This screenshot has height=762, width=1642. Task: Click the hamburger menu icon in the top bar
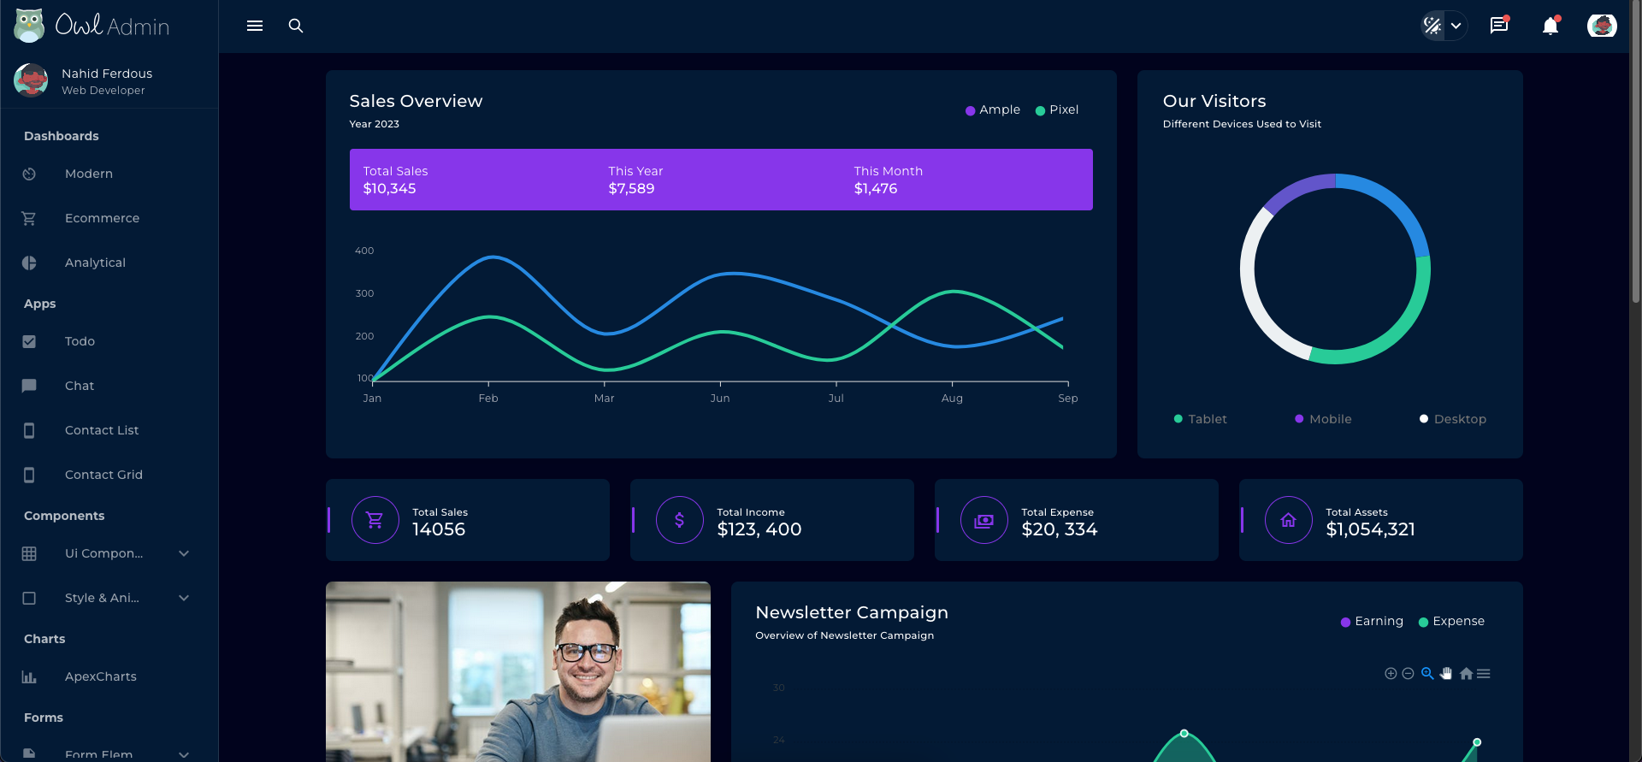pos(255,26)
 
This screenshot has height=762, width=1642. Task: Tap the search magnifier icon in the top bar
pos(296,26)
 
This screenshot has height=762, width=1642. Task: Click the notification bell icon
pos(1550,27)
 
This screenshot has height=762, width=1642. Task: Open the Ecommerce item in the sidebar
pos(102,218)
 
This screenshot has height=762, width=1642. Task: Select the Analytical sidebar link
pos(95,263)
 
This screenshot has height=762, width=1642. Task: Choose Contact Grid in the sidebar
pos(103,475)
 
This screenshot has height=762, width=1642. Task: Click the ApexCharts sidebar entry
pos(100,676)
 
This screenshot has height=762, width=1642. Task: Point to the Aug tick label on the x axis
pos(952,399)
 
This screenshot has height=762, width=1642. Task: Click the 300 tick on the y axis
pos(364,293)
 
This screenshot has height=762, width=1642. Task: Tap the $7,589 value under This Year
pos(631,188)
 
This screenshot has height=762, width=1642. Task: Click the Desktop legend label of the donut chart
pos(1459,419)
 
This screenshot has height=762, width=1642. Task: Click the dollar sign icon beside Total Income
pos(679,520)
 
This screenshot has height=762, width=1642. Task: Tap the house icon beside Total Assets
pos(1288,520)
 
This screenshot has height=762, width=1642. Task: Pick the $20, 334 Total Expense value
pos(1059,529)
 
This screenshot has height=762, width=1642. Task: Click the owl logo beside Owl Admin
pos(29,26)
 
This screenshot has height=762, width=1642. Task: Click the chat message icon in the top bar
pos(1498,26)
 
